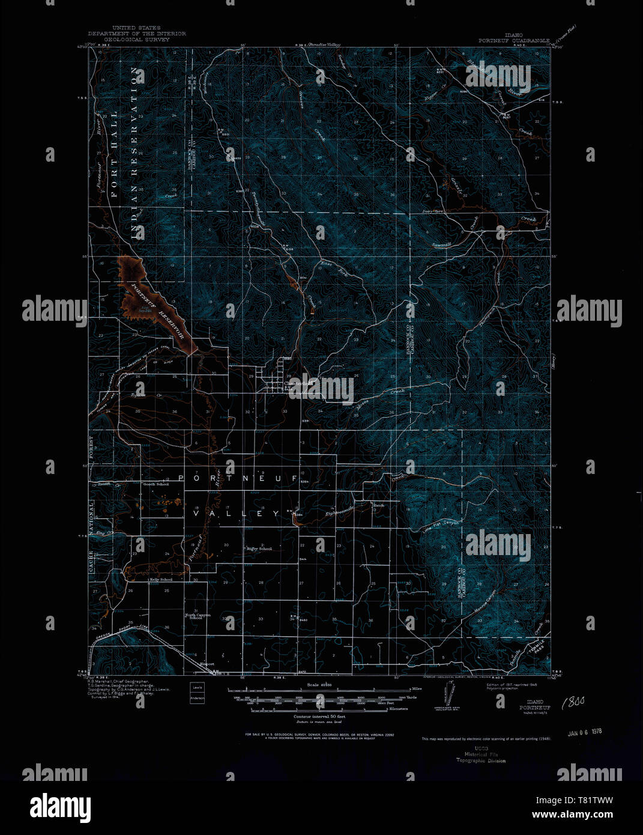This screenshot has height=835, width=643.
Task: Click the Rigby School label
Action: [x=259, y=548]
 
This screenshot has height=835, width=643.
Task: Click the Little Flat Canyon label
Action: [x=440, y=526]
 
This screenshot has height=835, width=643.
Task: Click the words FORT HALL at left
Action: [x=114, y=154]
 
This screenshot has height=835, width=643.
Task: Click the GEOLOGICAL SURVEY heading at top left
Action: [x=137, y=39]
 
